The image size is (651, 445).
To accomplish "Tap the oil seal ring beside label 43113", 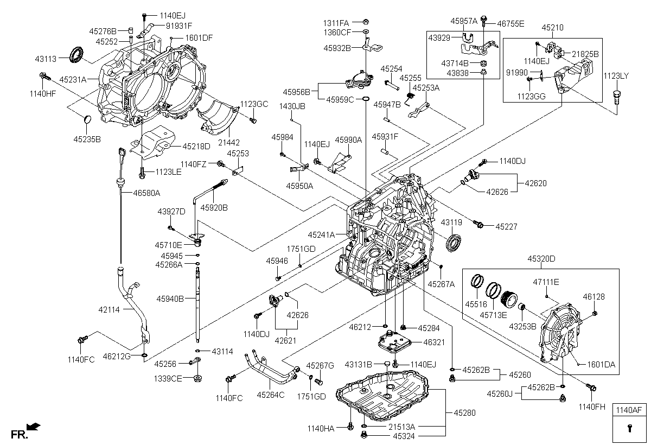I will coord(76,54).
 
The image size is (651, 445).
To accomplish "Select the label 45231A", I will coord(73,79).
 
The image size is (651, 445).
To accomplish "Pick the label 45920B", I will coord(214,207).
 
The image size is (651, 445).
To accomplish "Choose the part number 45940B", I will coord(170,298).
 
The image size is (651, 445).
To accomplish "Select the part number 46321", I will coord(433,342).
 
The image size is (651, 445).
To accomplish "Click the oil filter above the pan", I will coord(394,343).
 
